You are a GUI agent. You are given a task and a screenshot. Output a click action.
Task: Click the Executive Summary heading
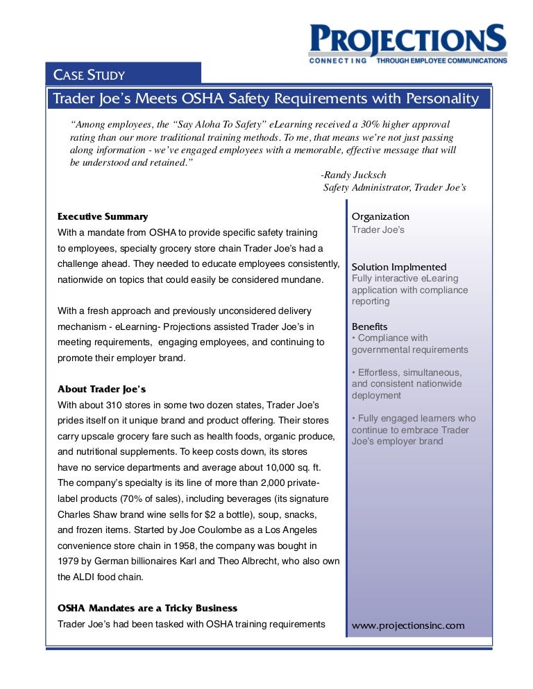(x=103, y=216)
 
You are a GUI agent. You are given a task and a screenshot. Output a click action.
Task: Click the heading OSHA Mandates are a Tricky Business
(x=147, y=608)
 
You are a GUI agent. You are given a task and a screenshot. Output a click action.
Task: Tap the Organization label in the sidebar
(x=380, y=216)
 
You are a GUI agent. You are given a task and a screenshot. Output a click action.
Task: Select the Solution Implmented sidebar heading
(x=399, y=267)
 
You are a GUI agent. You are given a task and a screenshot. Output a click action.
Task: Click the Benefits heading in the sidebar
(x=370, y=326)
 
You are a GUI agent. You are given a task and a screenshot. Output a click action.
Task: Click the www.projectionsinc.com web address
(x=408, y=625)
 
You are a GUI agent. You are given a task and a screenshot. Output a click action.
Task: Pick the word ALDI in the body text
(x=90, y=577)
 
